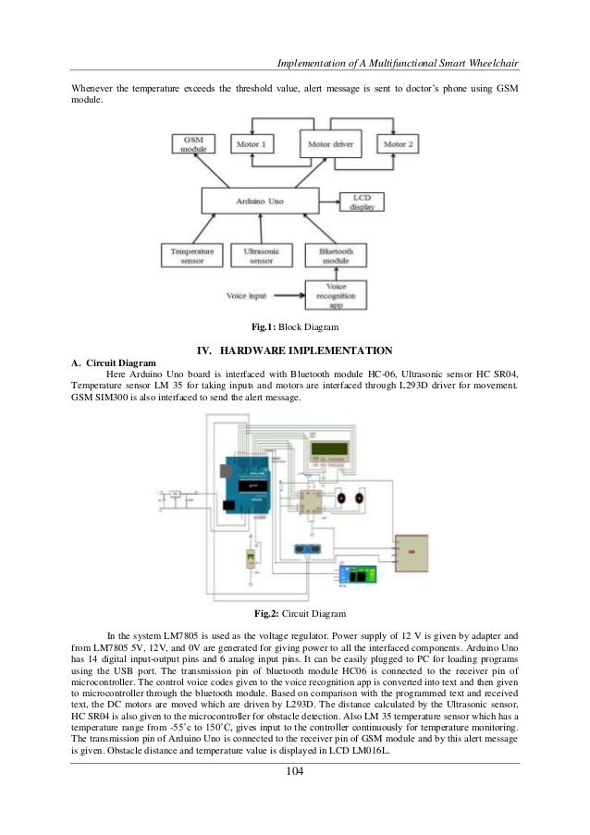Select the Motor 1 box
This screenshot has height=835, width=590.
tap(254, 145)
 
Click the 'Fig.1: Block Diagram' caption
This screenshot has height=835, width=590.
tap(295, 326)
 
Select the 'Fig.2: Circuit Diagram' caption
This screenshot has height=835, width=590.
tap(295, 613)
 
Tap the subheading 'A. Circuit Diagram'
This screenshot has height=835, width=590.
tap(114, 362)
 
